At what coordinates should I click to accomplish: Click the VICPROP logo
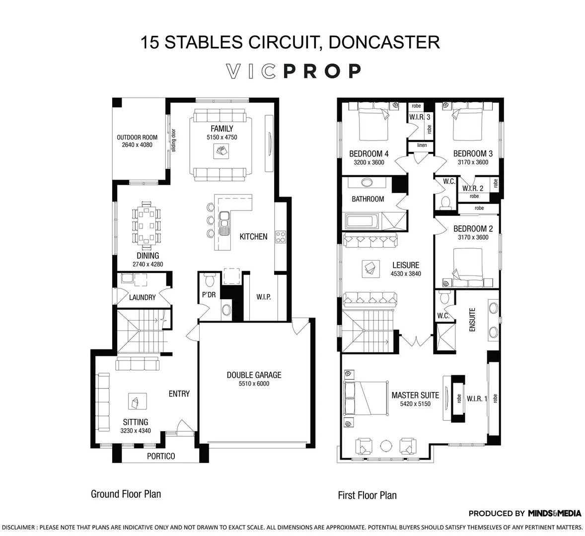[293, 71]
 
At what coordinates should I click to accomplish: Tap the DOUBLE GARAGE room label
[254, 375]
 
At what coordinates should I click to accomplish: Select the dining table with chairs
[147, 226]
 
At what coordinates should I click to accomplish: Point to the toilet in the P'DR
[209, 281]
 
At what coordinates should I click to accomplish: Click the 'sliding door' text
[174, 140]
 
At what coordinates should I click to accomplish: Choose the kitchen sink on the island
[224, 222]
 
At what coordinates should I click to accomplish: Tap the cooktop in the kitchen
[281, 237]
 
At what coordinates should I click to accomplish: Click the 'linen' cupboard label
[422, 145]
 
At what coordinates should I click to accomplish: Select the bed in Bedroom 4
[373, 125]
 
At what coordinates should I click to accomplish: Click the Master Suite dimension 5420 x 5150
[415, 404]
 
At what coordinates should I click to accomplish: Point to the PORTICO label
[161, 456]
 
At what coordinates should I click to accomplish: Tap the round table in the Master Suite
[386, 445]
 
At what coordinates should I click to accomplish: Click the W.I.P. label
[263, 297]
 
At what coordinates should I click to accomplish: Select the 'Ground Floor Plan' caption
[126, 494]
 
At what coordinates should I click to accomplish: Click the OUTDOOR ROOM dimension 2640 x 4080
[137, 145]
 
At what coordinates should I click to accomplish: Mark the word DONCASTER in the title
[384, 42]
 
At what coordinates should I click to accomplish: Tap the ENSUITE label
[472, 320]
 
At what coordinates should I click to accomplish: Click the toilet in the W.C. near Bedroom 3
[445, 202]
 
